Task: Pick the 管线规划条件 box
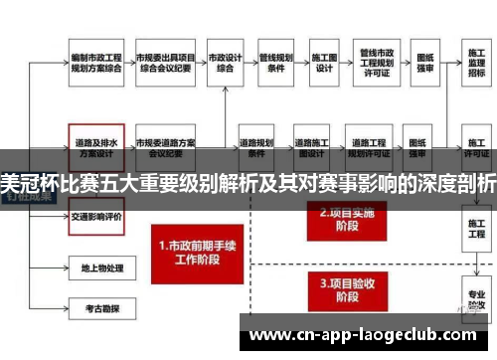(x=275, y=62)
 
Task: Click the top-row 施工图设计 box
(x=324, y=62)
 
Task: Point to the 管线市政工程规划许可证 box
(x=378, y=62)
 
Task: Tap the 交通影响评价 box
(x=95, y=215)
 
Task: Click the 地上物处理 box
(x=95, y=268)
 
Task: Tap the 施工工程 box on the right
(x=476, y=232)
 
